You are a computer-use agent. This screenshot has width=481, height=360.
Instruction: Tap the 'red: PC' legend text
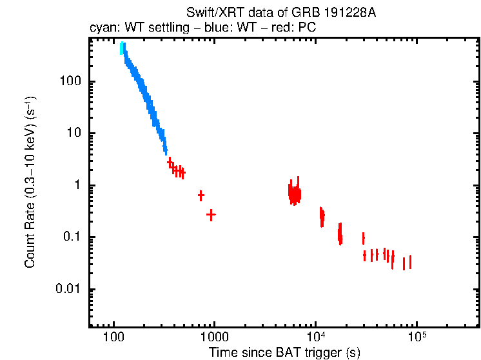[294, 29]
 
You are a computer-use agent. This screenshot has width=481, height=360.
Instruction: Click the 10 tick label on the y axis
[73, 134]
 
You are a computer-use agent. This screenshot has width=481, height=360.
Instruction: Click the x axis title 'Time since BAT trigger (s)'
[284, 352]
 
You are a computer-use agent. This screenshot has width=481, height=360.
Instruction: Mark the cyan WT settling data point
[122, 49]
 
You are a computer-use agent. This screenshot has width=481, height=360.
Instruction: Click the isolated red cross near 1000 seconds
[210, 215]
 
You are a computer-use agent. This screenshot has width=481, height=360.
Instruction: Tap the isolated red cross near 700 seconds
[201, 195]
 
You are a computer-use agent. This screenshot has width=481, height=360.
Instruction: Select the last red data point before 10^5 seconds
[409, 262]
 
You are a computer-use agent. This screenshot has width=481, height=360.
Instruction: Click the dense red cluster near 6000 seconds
[295, 193]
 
